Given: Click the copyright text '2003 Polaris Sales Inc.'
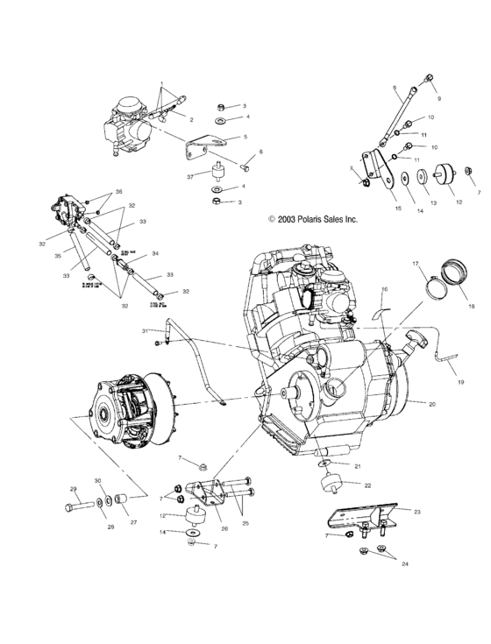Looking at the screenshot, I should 314,220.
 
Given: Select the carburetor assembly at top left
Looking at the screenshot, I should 126,128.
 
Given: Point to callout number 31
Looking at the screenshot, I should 145,330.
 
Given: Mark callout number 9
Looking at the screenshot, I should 439,97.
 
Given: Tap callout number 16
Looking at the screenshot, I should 383,289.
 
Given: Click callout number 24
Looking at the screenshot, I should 404,565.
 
